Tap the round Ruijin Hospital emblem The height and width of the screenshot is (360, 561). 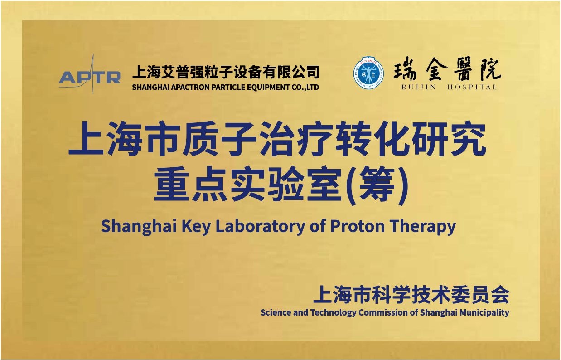368,73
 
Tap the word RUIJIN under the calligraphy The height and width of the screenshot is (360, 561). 419,87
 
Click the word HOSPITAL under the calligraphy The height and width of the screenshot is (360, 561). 472,87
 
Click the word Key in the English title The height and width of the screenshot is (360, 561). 196,226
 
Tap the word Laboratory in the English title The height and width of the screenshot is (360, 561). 260,226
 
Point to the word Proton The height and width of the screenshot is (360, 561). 358,226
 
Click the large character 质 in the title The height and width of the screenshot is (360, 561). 201,138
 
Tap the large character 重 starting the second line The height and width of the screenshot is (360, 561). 171,184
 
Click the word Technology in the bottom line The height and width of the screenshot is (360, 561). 333,313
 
